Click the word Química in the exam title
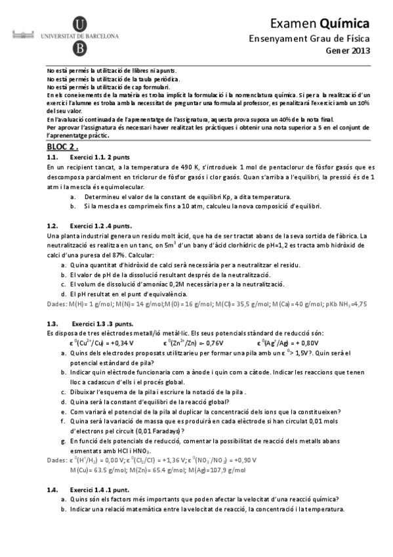pos(345,23)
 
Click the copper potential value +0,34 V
pos(119,343)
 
